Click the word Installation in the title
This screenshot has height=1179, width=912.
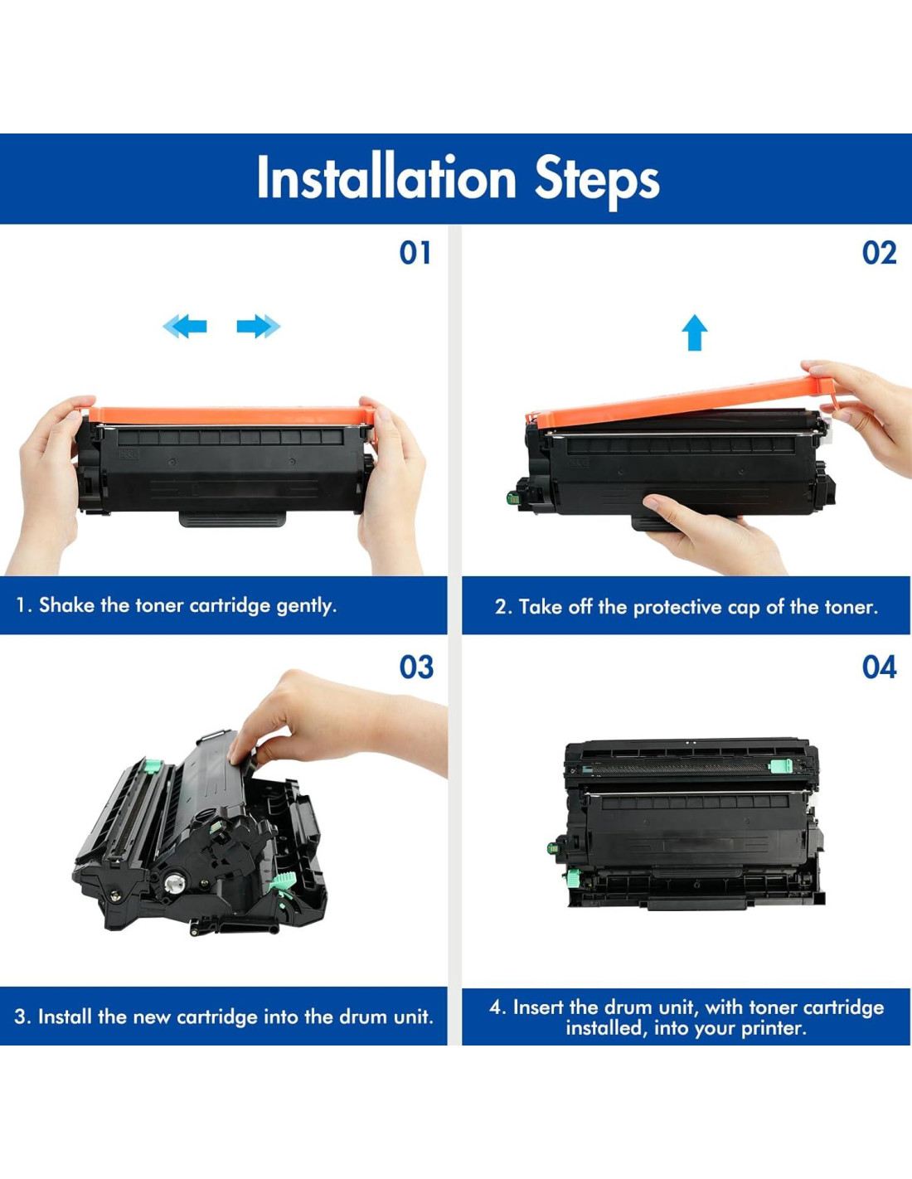click(386, 177)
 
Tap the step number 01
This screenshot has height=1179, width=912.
click(415, 253)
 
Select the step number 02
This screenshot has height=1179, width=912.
click(879, 253)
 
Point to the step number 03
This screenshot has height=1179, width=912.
click(416, 667)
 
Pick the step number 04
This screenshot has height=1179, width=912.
click(879, 667)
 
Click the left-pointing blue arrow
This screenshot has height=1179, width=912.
click(184, 326)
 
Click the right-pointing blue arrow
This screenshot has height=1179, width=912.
click(259, 326)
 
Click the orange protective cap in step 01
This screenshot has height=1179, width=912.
click(230, 415)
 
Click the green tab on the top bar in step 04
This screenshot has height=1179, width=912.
click(780, 767)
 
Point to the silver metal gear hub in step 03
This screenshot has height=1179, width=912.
click(175, 885)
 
